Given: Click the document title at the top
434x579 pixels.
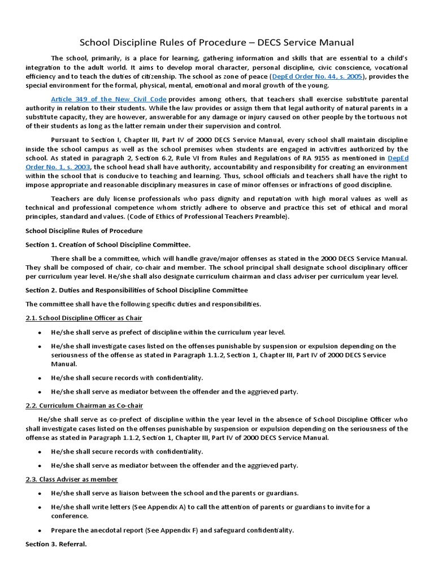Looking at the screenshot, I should (x=216, y=42).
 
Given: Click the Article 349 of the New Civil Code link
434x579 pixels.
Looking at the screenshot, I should (x=108, y=99).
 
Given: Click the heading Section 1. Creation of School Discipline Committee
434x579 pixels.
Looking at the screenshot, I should (x=108, y=244).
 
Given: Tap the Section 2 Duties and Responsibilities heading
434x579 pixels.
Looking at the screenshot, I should (x=136, y=290).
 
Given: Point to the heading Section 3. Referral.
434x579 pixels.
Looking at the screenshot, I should (x=56, y=544).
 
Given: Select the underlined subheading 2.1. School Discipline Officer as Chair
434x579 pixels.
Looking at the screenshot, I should (x=84, y=318).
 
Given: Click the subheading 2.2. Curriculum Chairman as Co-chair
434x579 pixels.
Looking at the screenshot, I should (x=84, y=405).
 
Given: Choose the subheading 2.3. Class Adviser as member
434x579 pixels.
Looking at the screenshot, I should (x=71, y=479).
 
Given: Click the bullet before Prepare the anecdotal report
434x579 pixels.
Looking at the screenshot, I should (x=39, y=531).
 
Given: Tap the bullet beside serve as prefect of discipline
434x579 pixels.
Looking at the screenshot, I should (x=39, y=332).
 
